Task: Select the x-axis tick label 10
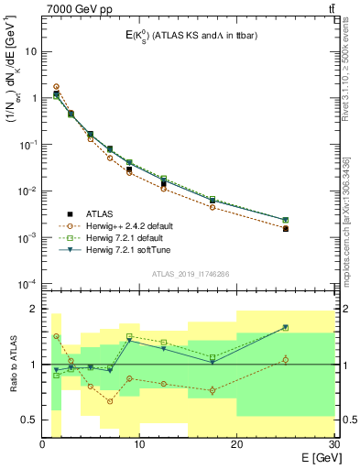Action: coord(139,444)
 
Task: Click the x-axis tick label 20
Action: coord(236,444)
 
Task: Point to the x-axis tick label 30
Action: coord(333,444)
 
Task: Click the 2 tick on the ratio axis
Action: coord(34,309)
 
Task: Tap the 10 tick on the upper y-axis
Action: coord(30,51)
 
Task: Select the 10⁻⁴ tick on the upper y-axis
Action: coord(27,284)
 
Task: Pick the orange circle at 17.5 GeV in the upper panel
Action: coord(213,207)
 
